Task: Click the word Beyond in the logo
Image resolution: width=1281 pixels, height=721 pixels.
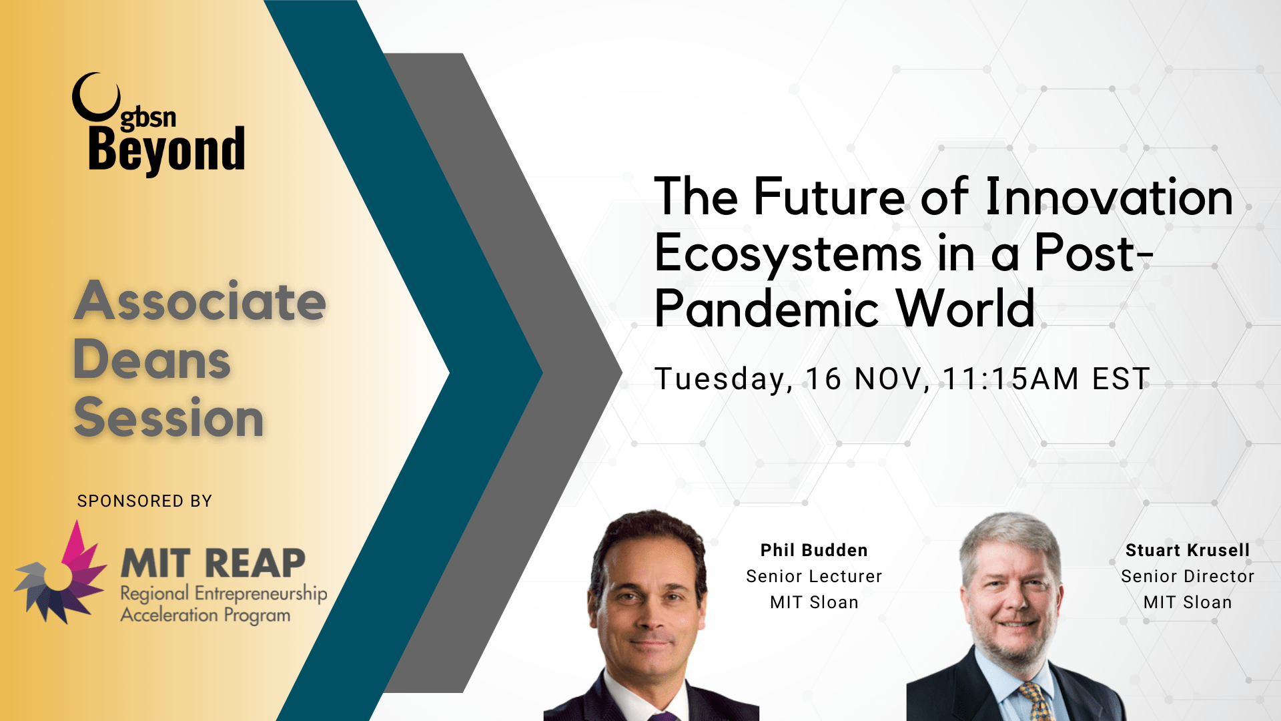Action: pos(166,150)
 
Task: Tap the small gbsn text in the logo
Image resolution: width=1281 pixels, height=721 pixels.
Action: pos(148,117)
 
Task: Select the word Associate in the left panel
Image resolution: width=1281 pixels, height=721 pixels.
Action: pos(199,301)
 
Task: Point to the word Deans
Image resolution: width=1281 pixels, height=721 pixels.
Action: pos(151,360)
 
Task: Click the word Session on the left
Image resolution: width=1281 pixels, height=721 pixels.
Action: pos(168,418)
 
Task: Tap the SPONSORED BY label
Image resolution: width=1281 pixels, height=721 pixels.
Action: pos(144,501)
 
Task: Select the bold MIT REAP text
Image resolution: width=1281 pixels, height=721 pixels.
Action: pos(213,563)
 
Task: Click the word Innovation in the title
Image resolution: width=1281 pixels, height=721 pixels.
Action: pos(1108,197)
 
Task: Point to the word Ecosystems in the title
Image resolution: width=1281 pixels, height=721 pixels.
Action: pos(788,254)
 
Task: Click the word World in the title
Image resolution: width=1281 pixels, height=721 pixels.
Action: pos(965,309)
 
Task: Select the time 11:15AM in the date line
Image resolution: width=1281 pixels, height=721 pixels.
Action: pos(1010,379)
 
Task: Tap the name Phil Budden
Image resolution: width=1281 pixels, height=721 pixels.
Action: pos(814,550)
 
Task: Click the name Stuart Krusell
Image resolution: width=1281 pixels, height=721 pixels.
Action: pos(1188,550)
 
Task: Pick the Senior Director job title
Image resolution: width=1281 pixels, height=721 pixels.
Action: pos(1188,576)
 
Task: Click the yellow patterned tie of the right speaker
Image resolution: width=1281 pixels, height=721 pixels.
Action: pos(1035,701)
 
